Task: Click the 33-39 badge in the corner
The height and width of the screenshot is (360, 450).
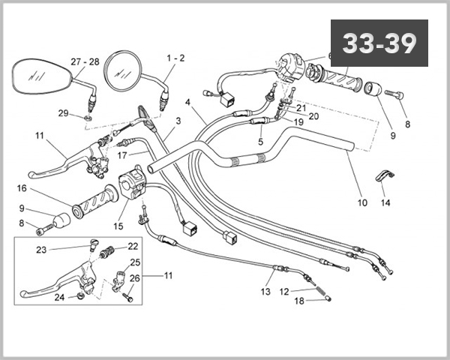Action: tap(379, 43)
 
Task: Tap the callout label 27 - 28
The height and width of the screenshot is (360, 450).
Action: tap(85, 61)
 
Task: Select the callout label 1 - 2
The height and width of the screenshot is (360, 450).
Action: tap(175, 58)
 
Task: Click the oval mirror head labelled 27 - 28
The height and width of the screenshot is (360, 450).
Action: tap(40, 76)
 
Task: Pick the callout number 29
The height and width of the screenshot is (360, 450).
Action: tap(63, 112)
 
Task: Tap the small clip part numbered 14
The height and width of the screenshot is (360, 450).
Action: tap(382, 177)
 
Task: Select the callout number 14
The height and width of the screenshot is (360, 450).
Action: tap(385, 202)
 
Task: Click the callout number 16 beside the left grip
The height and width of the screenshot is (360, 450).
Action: tap(22, 188)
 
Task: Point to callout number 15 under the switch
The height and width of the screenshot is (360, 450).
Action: tap(118, 226)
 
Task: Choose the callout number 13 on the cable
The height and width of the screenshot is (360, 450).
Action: tap(265, 292)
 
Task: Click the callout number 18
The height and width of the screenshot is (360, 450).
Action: tap(299, 301)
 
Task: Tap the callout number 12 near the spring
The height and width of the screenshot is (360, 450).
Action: tap(284, 291)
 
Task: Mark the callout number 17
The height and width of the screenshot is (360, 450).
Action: tap(123, 155)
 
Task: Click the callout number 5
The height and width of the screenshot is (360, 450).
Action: tap(260, 140)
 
